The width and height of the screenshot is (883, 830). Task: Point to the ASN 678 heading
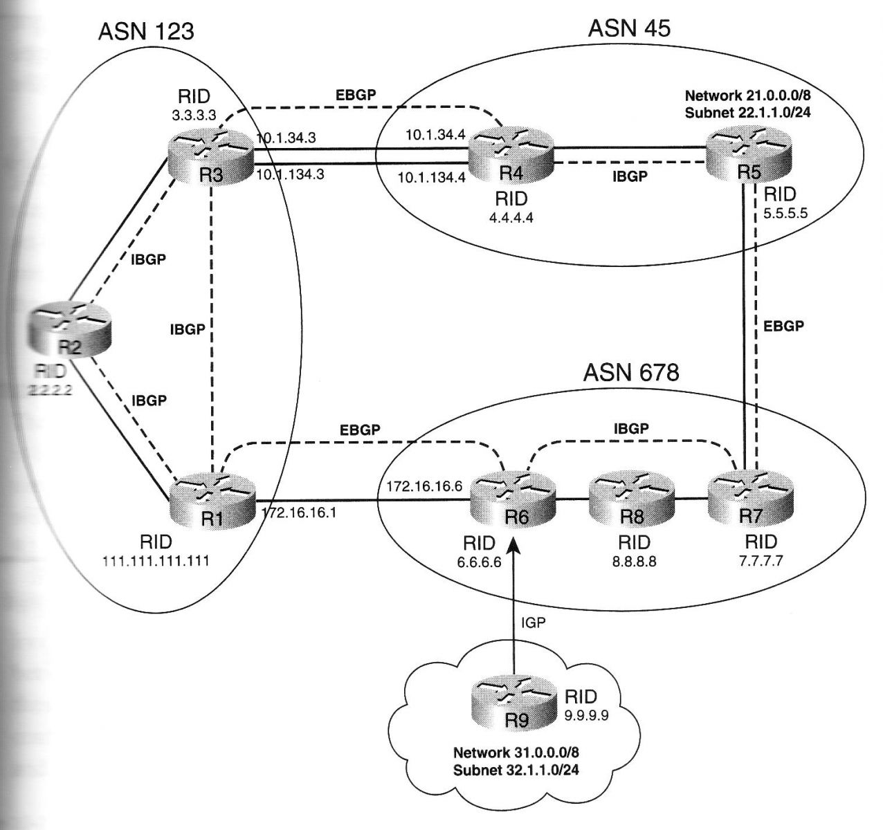point(631,373)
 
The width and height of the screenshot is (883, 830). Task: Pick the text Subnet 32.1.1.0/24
point(516,768)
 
